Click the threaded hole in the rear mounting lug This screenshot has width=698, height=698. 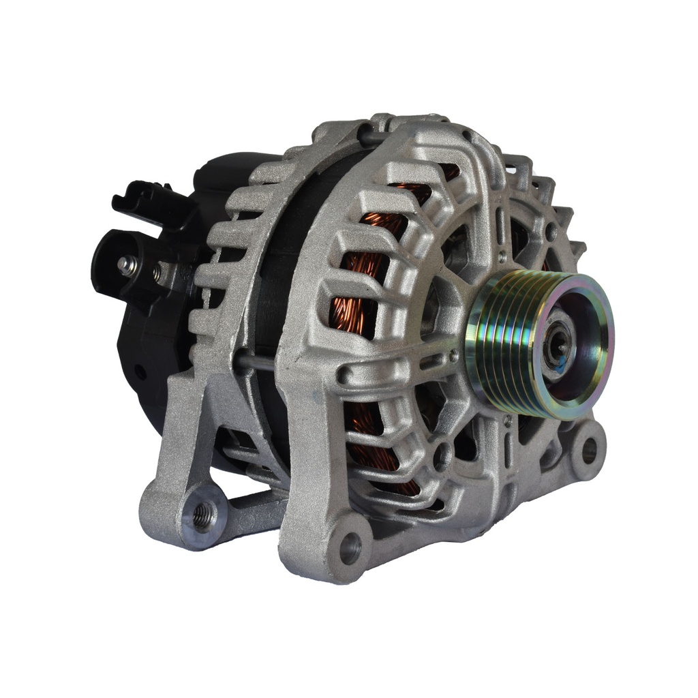(202, 515)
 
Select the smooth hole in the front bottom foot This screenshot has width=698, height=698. (350, 546)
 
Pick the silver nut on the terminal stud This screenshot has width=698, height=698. (127, 265)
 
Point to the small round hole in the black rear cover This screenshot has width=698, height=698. (140, 372)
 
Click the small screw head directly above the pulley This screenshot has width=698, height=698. (502, 257)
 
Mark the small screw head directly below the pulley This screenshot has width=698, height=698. (508, 422)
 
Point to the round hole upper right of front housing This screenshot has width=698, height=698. (551, 232)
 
